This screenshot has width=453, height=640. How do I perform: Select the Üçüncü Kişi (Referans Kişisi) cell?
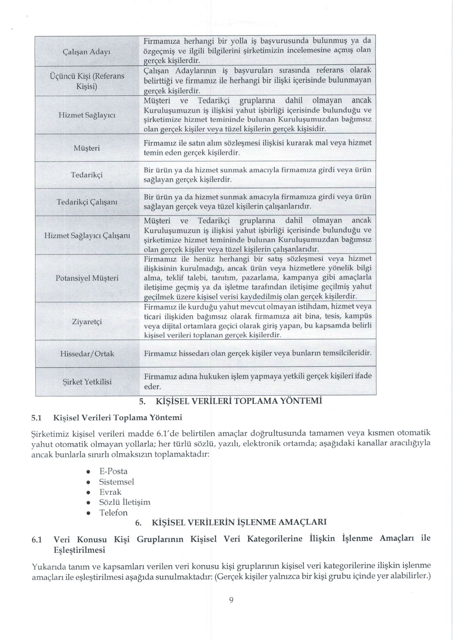(87, 81)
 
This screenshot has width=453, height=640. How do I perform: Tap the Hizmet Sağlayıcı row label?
(87, 115)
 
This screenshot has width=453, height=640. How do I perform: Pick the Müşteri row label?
(87, 148)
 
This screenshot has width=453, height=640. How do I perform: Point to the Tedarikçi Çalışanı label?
(87, 202)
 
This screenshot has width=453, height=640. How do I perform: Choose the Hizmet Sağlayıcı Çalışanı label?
(87, 236)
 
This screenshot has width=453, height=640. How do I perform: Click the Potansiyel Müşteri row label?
(87, 278)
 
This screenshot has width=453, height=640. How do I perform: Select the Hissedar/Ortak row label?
(87, 354)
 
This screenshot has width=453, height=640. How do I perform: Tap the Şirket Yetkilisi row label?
(87, 382)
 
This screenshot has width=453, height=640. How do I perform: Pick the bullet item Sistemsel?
(117, 482)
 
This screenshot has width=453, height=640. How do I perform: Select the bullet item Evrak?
(111, 492)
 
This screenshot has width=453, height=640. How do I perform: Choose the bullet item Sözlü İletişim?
(125, 502)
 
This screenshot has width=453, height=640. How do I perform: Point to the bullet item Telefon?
(113, 513)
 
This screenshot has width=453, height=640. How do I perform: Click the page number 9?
(231, 600)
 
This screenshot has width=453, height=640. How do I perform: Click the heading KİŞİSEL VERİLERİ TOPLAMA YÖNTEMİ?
(238, 401)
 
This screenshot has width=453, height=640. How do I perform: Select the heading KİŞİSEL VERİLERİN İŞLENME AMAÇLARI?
(239, 523)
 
